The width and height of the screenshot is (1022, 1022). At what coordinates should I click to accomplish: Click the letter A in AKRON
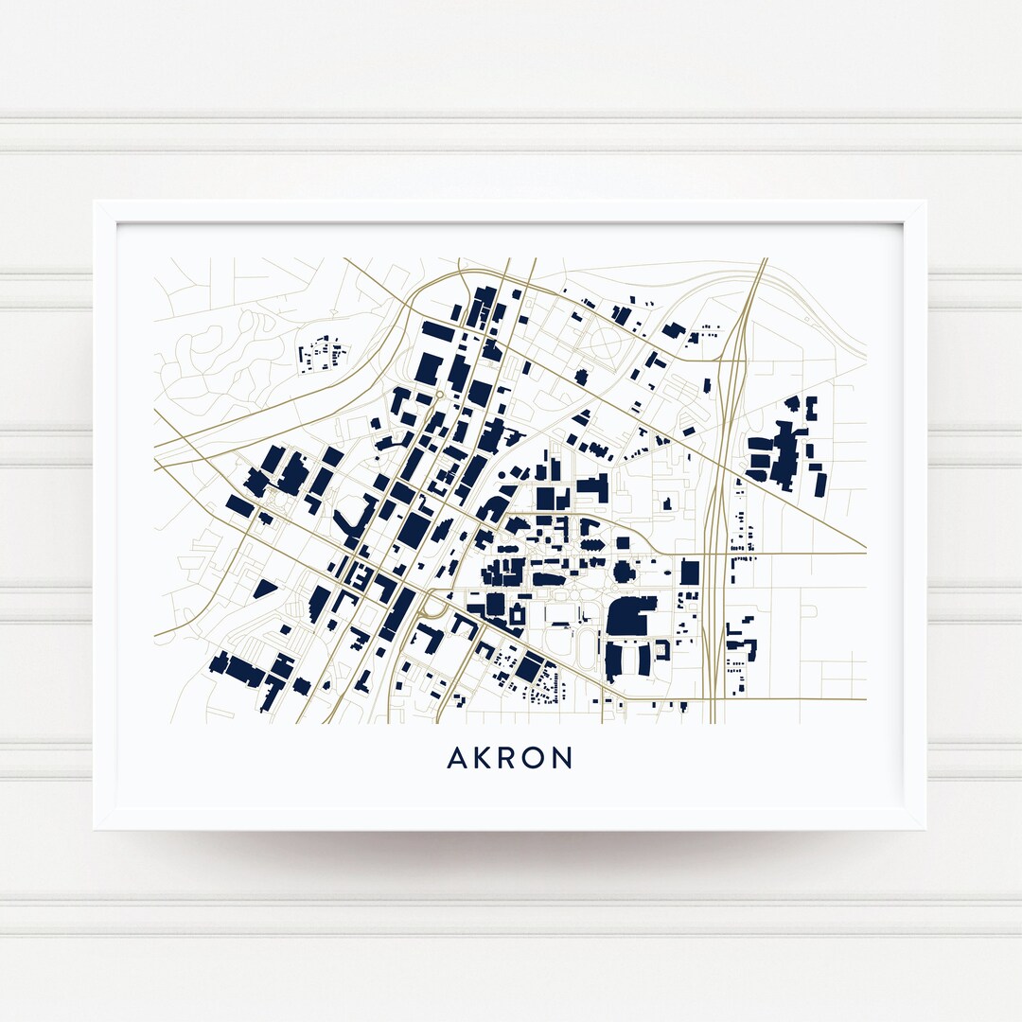[456, 758]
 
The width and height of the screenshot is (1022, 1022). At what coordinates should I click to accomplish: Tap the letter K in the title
[483, 758]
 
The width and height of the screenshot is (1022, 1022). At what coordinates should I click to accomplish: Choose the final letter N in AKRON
[563, 758]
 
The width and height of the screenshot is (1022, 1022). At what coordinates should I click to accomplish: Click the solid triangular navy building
[264, 589]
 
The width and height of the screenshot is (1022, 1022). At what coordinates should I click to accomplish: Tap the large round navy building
[623, 572]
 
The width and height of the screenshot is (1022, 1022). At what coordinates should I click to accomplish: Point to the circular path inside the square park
[607, 340]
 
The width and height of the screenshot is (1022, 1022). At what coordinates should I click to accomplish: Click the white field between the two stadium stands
[630, 659]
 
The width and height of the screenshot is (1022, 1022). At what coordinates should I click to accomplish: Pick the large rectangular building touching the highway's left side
[690, 573]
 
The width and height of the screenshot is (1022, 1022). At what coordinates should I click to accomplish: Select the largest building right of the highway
[784, 455]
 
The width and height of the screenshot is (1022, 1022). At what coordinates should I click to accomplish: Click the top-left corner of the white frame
[96, 202]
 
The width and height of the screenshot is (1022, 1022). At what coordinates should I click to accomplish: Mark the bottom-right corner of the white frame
[924, 828]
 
